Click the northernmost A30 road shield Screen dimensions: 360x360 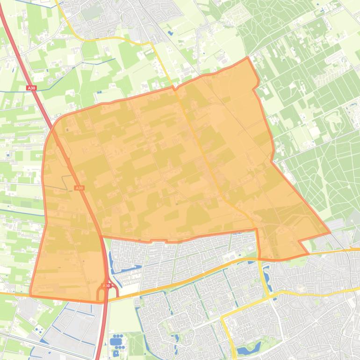point(31,88)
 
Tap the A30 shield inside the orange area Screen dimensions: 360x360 point(79,188)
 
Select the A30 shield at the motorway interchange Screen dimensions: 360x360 point(106,286)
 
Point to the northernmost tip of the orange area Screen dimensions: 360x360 point(247,58)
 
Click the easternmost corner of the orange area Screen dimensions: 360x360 point(330,232)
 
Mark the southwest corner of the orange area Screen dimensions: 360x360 point(31,295)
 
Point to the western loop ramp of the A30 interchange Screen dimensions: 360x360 point(100,295)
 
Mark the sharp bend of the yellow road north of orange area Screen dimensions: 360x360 point(151,43)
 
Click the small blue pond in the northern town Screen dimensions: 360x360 point(170,33)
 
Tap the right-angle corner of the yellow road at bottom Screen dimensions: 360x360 point(223,317)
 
